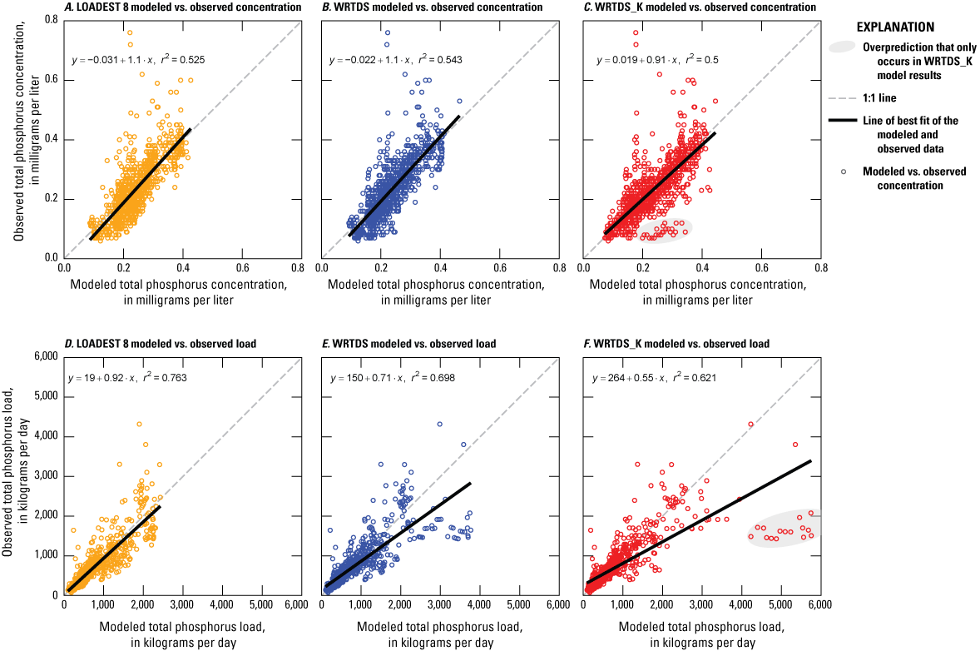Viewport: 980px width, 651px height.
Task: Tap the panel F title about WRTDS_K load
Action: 676,343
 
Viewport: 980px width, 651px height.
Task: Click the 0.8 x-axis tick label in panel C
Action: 819,269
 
